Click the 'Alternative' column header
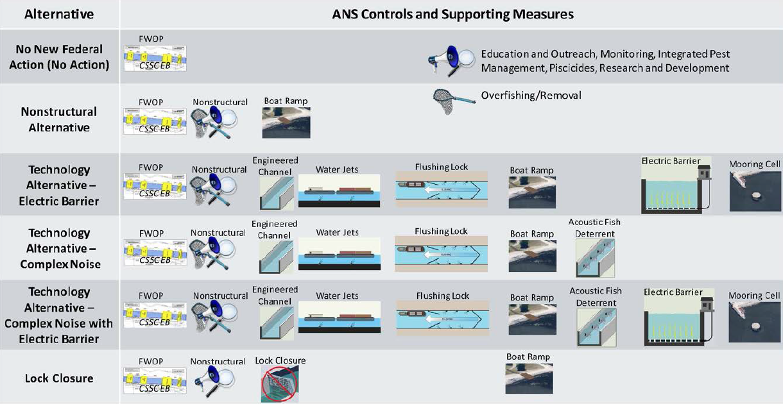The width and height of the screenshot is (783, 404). click(59, 13)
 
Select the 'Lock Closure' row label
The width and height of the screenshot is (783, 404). click(59, 378)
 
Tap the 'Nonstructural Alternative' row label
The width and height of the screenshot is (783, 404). click(59, 119)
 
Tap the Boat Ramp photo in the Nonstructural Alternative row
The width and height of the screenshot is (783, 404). click(286, 122)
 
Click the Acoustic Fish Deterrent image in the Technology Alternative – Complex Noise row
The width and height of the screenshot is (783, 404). click(595, 258)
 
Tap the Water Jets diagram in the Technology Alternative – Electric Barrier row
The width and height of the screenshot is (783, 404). click(339, 191)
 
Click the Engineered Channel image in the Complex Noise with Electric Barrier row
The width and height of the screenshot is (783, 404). click(276, 321)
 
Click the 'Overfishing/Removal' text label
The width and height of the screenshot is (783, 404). click(531, 96)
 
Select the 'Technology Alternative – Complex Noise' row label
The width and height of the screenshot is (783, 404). click(59, 248)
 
